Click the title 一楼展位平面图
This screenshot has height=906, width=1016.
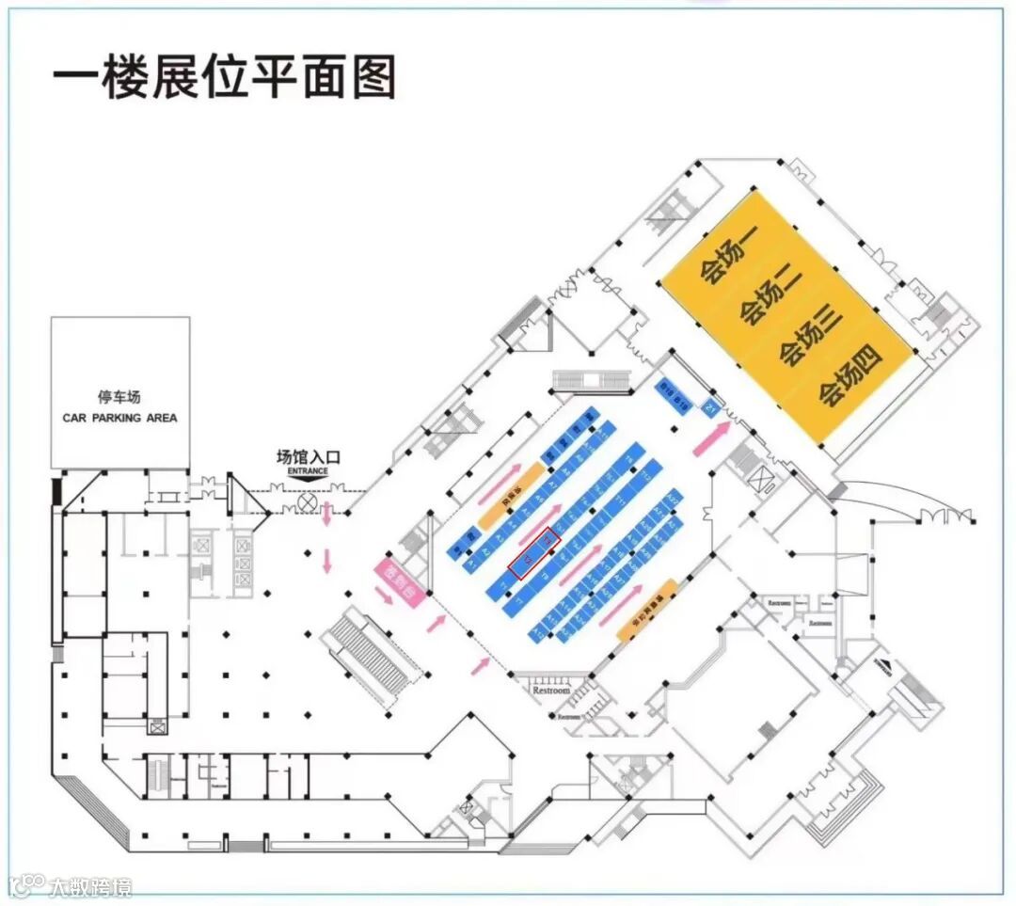click(x=224, y=74)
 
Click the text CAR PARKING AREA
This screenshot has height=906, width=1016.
click(x=119, y=418)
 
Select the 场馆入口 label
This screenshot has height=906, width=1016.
click(x=309, y=458)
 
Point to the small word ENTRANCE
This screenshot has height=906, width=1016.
click(x=309, y=470)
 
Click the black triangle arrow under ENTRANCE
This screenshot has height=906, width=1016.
click(x=309, y=480)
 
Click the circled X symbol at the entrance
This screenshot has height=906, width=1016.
click(x=306, y=503)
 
